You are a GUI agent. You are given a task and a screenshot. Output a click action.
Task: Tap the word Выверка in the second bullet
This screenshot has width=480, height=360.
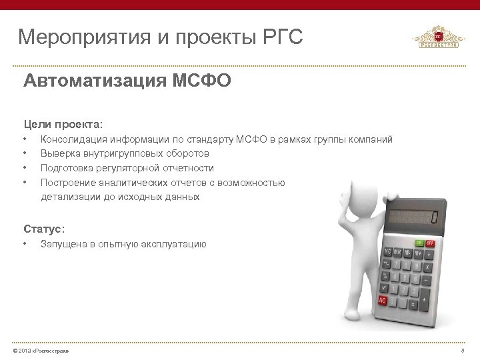click(x=58, y=153)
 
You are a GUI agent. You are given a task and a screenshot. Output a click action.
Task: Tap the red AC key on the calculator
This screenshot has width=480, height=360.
click(x=383, y=301)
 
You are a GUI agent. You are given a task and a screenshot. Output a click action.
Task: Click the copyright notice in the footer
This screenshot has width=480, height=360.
click(x=45, y=351)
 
